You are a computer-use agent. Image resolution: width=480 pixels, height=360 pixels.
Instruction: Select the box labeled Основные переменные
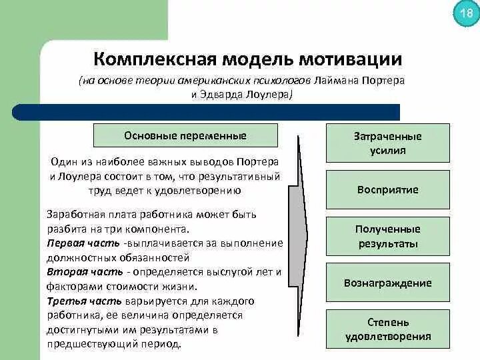185,135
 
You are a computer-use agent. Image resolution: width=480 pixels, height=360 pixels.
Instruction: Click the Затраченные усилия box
387,143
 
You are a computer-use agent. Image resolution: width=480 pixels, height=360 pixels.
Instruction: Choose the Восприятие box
387,189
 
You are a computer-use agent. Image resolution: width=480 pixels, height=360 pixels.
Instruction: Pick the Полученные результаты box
387,236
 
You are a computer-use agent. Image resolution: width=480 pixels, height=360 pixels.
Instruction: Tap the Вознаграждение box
387,283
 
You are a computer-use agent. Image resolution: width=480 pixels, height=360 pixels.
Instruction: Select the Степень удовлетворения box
387,329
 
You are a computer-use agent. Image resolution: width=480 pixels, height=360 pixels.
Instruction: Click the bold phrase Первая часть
74,243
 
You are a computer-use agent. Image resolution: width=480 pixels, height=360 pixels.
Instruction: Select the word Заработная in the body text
72,215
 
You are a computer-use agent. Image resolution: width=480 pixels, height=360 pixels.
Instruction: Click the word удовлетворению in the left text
199,190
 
